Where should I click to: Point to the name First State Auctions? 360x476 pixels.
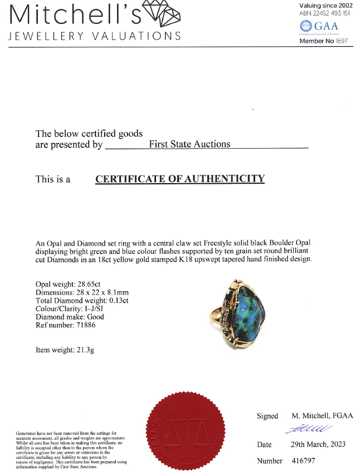point(189,144)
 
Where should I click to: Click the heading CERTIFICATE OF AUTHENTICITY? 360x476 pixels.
point(179,179)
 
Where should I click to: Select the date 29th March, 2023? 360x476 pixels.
point(318,444)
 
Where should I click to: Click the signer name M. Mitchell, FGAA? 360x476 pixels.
point(322,416)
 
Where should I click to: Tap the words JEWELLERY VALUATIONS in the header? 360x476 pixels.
point(94,36)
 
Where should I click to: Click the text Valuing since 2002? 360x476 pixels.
point(326,5)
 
